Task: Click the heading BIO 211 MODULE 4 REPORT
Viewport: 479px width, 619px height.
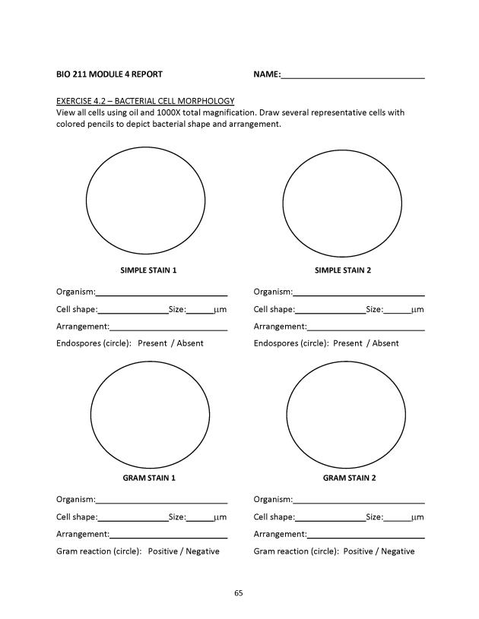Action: point(109,74)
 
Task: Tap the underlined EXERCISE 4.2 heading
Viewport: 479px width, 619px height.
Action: point(145,101)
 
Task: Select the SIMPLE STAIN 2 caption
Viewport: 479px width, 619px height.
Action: point(343,270)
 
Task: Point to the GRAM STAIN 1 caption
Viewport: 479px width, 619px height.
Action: point(149,478)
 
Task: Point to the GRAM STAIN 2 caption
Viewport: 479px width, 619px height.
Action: point(349,478)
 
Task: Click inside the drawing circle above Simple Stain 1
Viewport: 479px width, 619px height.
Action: point(145,201)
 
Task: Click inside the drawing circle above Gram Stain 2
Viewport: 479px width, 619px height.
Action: point(346,412)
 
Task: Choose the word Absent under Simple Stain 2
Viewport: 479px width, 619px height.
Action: point(385,343)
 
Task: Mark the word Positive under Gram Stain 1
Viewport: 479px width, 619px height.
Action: point(163,551)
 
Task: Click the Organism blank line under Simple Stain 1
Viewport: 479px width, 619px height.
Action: point(161,292)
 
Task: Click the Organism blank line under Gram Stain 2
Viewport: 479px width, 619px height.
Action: point(359,500)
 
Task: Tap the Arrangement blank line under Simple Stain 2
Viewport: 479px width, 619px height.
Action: point(366,328)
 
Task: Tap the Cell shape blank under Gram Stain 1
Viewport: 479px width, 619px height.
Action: point(133,518)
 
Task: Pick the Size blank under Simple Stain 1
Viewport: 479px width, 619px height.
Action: point(200,311)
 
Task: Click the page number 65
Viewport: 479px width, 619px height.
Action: point(239,592)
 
